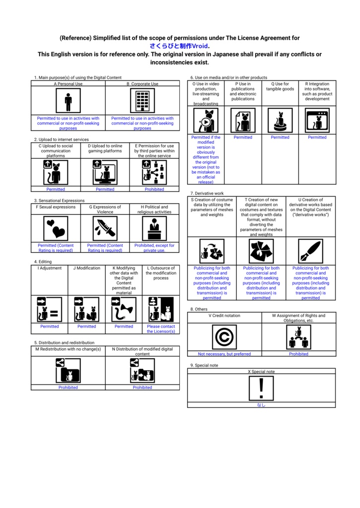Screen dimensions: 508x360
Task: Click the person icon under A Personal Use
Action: [68, 101]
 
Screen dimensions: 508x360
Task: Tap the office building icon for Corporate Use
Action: [142, 101]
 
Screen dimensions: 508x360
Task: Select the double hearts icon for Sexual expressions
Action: [56, 228]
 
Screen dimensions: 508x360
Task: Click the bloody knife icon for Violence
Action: [105, 228]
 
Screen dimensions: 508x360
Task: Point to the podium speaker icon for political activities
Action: [154, 228]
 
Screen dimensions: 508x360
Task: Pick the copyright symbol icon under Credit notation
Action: [224, 337]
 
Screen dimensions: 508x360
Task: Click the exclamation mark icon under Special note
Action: [261, 387]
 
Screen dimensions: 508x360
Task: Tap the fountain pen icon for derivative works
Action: [310, 251]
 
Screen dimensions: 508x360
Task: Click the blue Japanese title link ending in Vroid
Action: [179, 46]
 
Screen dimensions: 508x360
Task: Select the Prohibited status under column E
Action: [154, 189]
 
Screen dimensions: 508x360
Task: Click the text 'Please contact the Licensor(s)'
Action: [161, 329]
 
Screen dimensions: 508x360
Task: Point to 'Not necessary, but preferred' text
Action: [224, 354]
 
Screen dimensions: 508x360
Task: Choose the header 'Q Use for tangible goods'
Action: [280, 87]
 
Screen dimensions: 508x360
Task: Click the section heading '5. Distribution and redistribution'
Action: [64, 343]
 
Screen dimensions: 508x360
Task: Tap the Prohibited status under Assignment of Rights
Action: [298, 354]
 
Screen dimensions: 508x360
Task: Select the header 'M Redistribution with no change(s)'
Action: [68, 349]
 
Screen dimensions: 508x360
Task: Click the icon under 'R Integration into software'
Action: [317, 120]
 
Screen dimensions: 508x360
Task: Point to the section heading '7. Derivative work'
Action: [207, 193]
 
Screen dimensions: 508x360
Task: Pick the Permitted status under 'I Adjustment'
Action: [49, 326]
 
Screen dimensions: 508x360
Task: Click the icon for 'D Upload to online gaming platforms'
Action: [105, 172]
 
